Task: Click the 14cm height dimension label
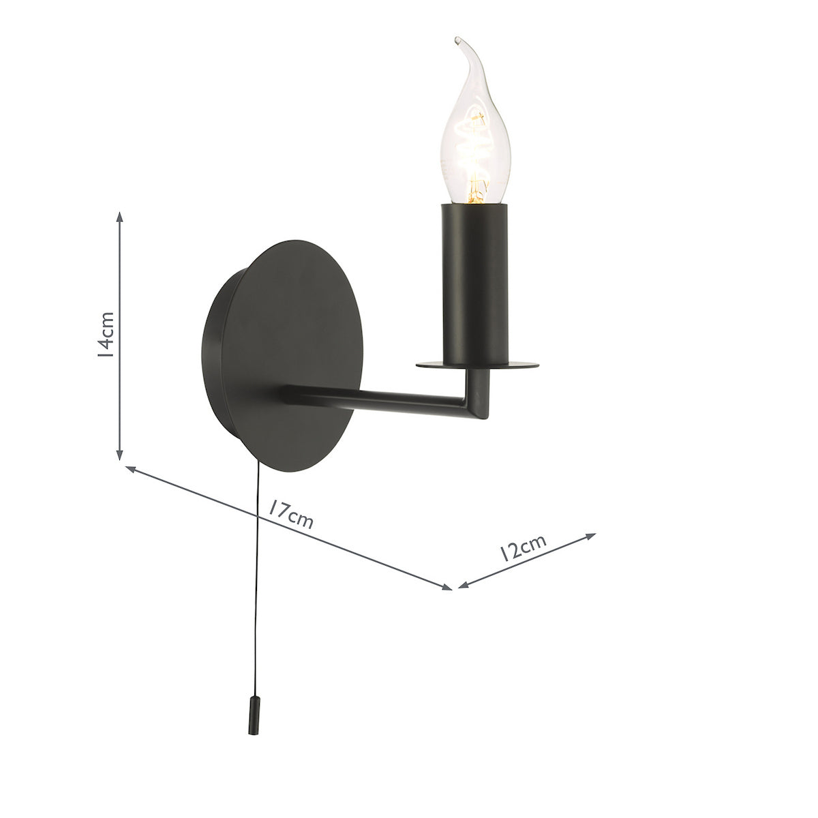click(105, 335)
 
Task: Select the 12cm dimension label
click(521, 547)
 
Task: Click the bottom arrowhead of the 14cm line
click(120, 454)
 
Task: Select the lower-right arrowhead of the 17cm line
click(446, 587)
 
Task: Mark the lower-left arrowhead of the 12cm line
click(463, 584)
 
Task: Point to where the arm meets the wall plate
click(289, 394)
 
